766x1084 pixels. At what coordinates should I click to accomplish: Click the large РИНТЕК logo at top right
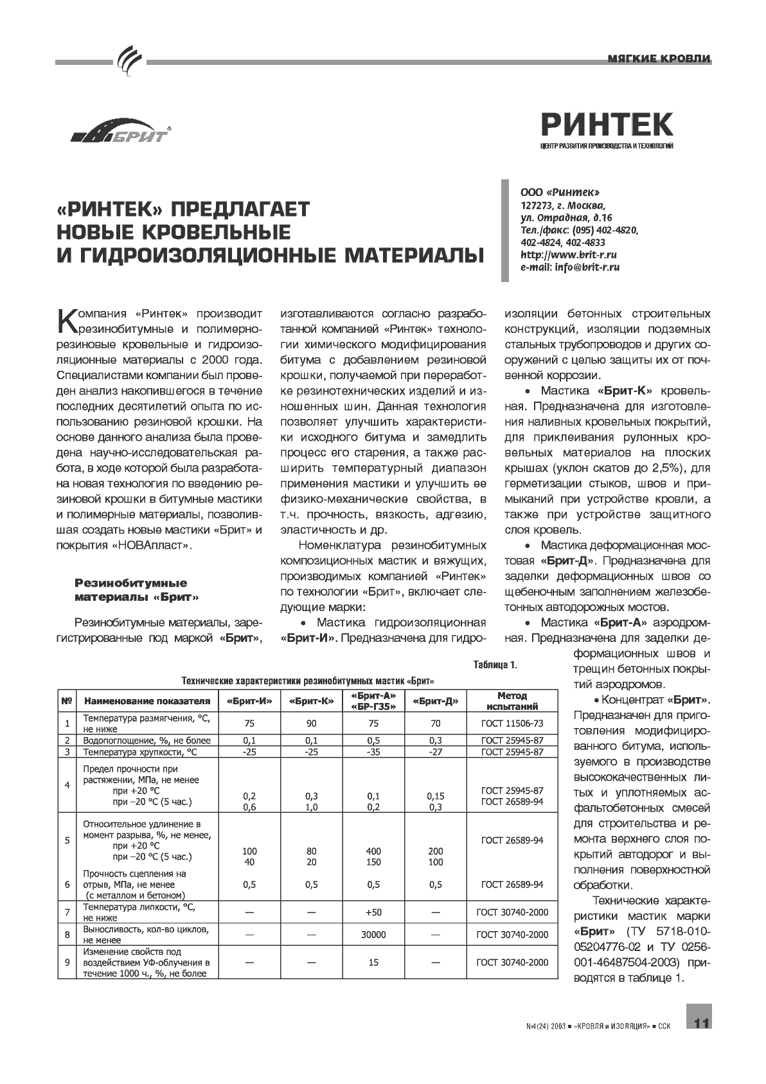607,123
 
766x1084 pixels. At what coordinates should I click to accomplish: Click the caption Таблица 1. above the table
495,665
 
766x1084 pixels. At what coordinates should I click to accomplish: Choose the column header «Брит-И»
249,701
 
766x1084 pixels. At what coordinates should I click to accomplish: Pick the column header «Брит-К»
312,701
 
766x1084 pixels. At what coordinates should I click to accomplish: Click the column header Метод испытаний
512,701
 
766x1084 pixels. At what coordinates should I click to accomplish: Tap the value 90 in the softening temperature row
312,724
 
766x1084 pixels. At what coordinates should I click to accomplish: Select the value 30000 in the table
373,935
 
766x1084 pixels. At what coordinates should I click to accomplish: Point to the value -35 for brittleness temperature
373,752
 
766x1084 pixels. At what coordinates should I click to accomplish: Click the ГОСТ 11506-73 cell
512,724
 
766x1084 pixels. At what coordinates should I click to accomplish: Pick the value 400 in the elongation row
373,851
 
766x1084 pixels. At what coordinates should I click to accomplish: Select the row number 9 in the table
67,963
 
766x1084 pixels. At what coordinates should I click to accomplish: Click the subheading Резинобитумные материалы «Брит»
136,590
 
